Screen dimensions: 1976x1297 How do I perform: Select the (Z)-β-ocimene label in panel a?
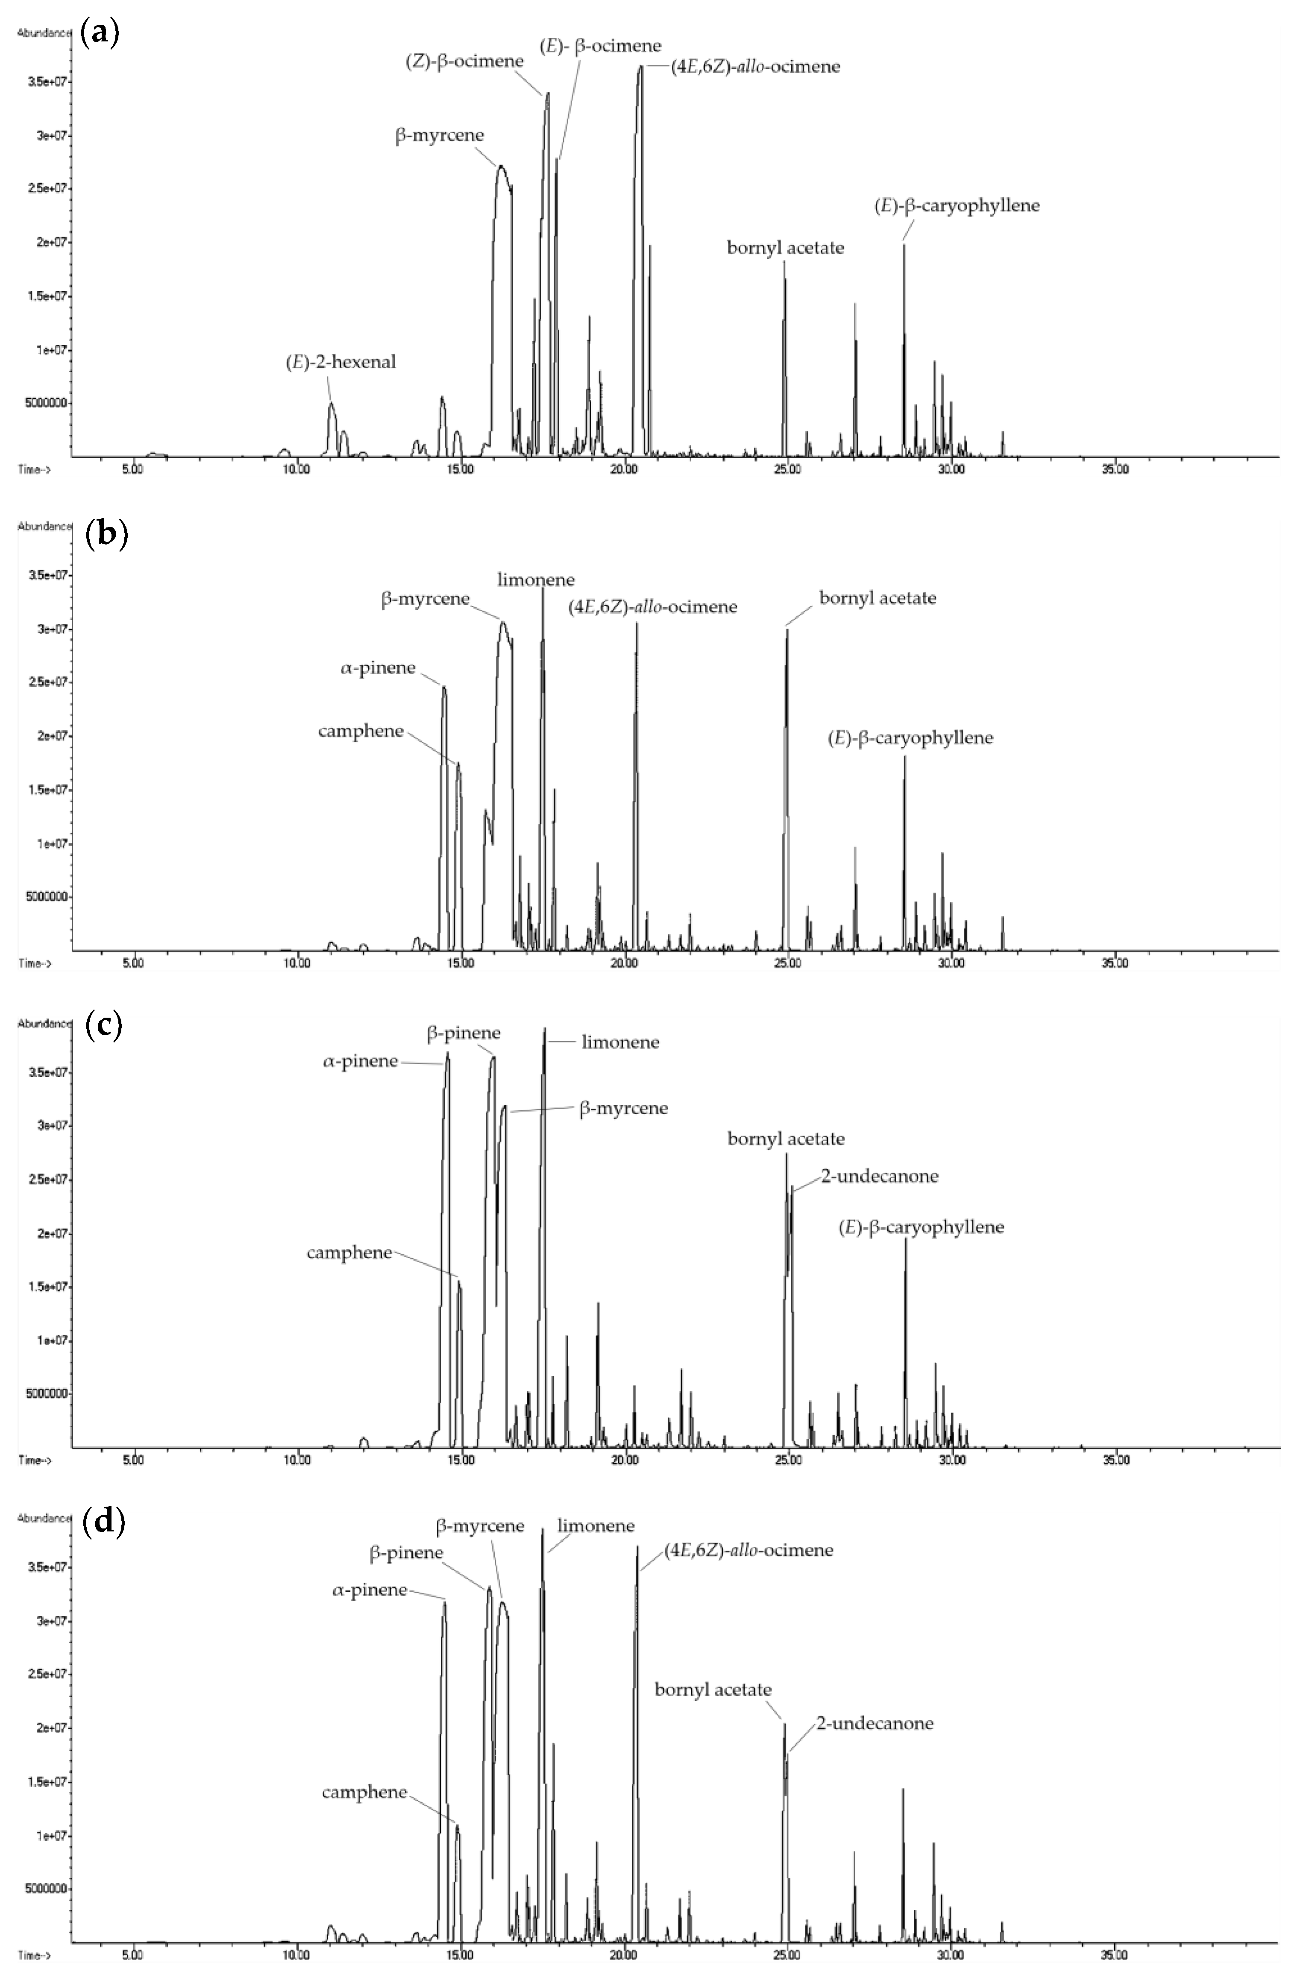click(465, 61)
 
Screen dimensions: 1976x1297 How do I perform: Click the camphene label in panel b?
click(361, 731)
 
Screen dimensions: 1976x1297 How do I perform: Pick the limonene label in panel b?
click(536, 580)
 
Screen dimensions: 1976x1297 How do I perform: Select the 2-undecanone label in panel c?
click(879, 1177)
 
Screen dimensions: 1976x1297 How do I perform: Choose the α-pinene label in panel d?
click(370, 1590)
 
